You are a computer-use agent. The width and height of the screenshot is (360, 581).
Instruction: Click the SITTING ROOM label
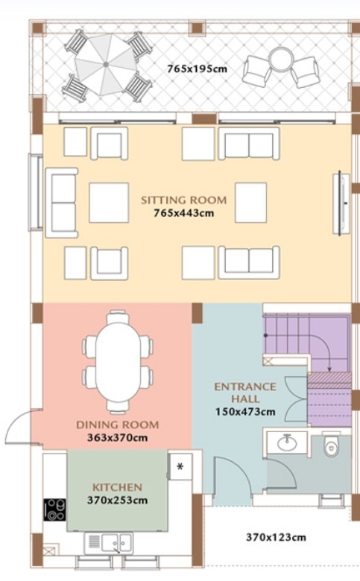point(183,200)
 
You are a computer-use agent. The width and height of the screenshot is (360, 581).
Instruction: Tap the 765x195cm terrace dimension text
point(197,69)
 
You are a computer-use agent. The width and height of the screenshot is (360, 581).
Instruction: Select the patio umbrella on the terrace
point(106,65)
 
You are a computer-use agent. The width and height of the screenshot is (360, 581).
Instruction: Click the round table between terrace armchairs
point(281,60)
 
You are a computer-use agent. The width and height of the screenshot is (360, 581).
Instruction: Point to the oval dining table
point(119,362)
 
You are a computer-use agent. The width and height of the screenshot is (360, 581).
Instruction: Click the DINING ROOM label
point(118,425)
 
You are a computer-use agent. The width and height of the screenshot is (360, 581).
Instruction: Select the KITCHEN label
point(117,487)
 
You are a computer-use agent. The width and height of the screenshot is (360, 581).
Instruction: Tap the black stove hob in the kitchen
point(55,509)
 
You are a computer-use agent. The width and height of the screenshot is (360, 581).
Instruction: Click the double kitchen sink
point(116,543)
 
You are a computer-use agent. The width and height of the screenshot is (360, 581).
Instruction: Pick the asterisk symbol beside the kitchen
point(180,466)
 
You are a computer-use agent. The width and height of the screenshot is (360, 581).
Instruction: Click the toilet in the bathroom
point(331,445)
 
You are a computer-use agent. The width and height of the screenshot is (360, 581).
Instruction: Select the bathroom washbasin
point(287,442)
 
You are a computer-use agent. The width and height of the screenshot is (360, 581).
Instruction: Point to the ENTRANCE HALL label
point(245,393)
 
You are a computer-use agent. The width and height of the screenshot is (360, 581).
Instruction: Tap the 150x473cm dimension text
point(245,412)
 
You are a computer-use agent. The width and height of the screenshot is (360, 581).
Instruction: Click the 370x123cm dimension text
point(277,537)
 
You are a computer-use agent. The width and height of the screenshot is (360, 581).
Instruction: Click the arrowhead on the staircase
point(329,369)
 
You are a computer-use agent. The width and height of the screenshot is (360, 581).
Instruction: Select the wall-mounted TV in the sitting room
point(341,203)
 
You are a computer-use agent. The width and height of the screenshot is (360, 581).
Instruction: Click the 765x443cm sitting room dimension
point(184,213)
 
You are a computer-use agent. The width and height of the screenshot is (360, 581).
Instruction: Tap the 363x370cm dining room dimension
point(118,437)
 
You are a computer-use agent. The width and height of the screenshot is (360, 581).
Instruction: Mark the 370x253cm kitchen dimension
point(118,501)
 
